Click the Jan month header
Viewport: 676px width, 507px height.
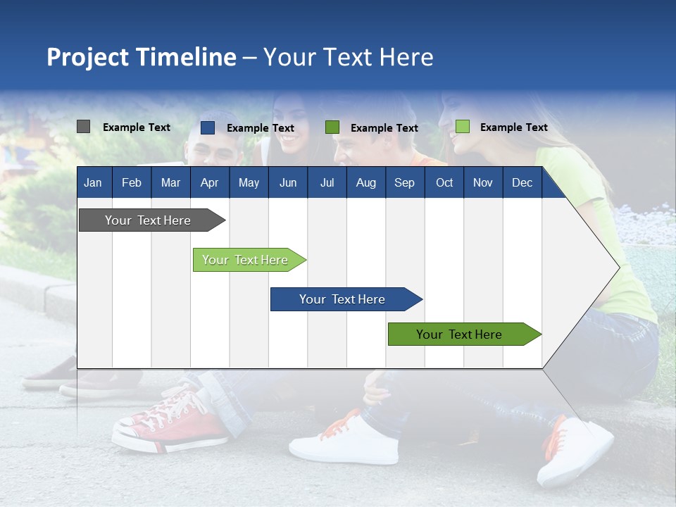[x=93, y=182]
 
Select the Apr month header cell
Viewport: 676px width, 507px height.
[x=209, y=182]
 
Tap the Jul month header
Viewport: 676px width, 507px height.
[x=327, y=182]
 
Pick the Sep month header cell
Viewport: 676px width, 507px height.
[x=404, y=182]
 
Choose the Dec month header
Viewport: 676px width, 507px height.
[x=522, y=182]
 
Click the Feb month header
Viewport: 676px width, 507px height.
[x=132, y=182]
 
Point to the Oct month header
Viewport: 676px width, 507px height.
[x=444, y=182]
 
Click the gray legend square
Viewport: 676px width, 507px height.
[x=83, y=127]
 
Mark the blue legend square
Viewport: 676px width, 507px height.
[x=208, y=127]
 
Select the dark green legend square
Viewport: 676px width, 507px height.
[x=332, y=127]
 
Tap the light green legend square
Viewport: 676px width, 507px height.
[x=463, y=127]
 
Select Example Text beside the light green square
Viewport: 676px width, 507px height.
[x=513, y=127]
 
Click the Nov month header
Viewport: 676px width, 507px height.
[x=483, y=182]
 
